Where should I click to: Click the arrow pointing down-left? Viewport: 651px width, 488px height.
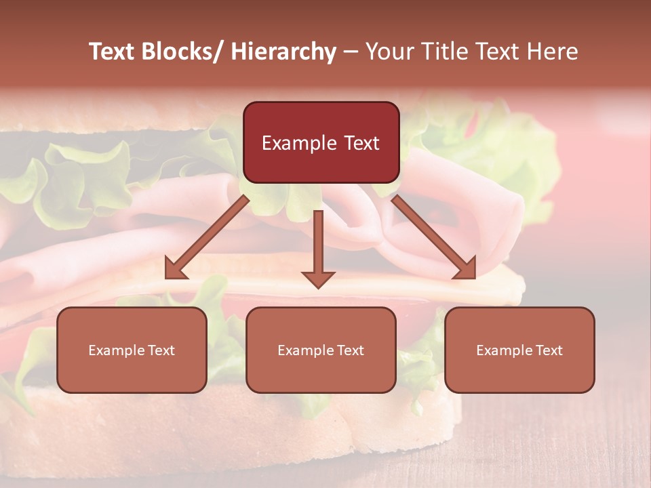(x=207, y=238)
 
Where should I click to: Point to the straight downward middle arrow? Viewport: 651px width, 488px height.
(x=318, y=244)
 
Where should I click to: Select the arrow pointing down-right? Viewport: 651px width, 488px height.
(x=434, y=237)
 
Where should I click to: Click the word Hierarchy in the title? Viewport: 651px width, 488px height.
(x=283, y=52)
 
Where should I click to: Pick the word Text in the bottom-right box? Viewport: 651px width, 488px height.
(x=549, y=350)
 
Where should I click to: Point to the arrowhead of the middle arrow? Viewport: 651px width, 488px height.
(x=318, y=279)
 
